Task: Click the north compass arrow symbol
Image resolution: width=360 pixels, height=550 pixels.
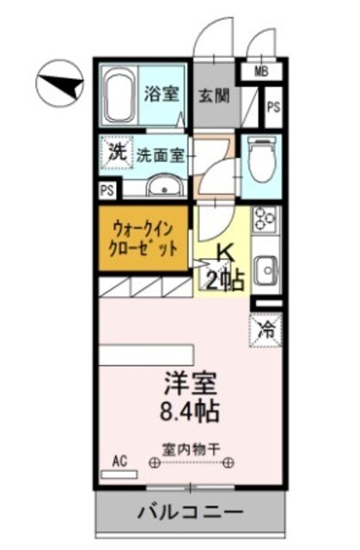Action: pos(60,84)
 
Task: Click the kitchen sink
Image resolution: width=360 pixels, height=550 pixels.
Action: pos(265,272)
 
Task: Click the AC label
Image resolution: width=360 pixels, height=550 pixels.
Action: pos(119,461)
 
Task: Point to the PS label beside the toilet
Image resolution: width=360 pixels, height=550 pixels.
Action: pos(272,107)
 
